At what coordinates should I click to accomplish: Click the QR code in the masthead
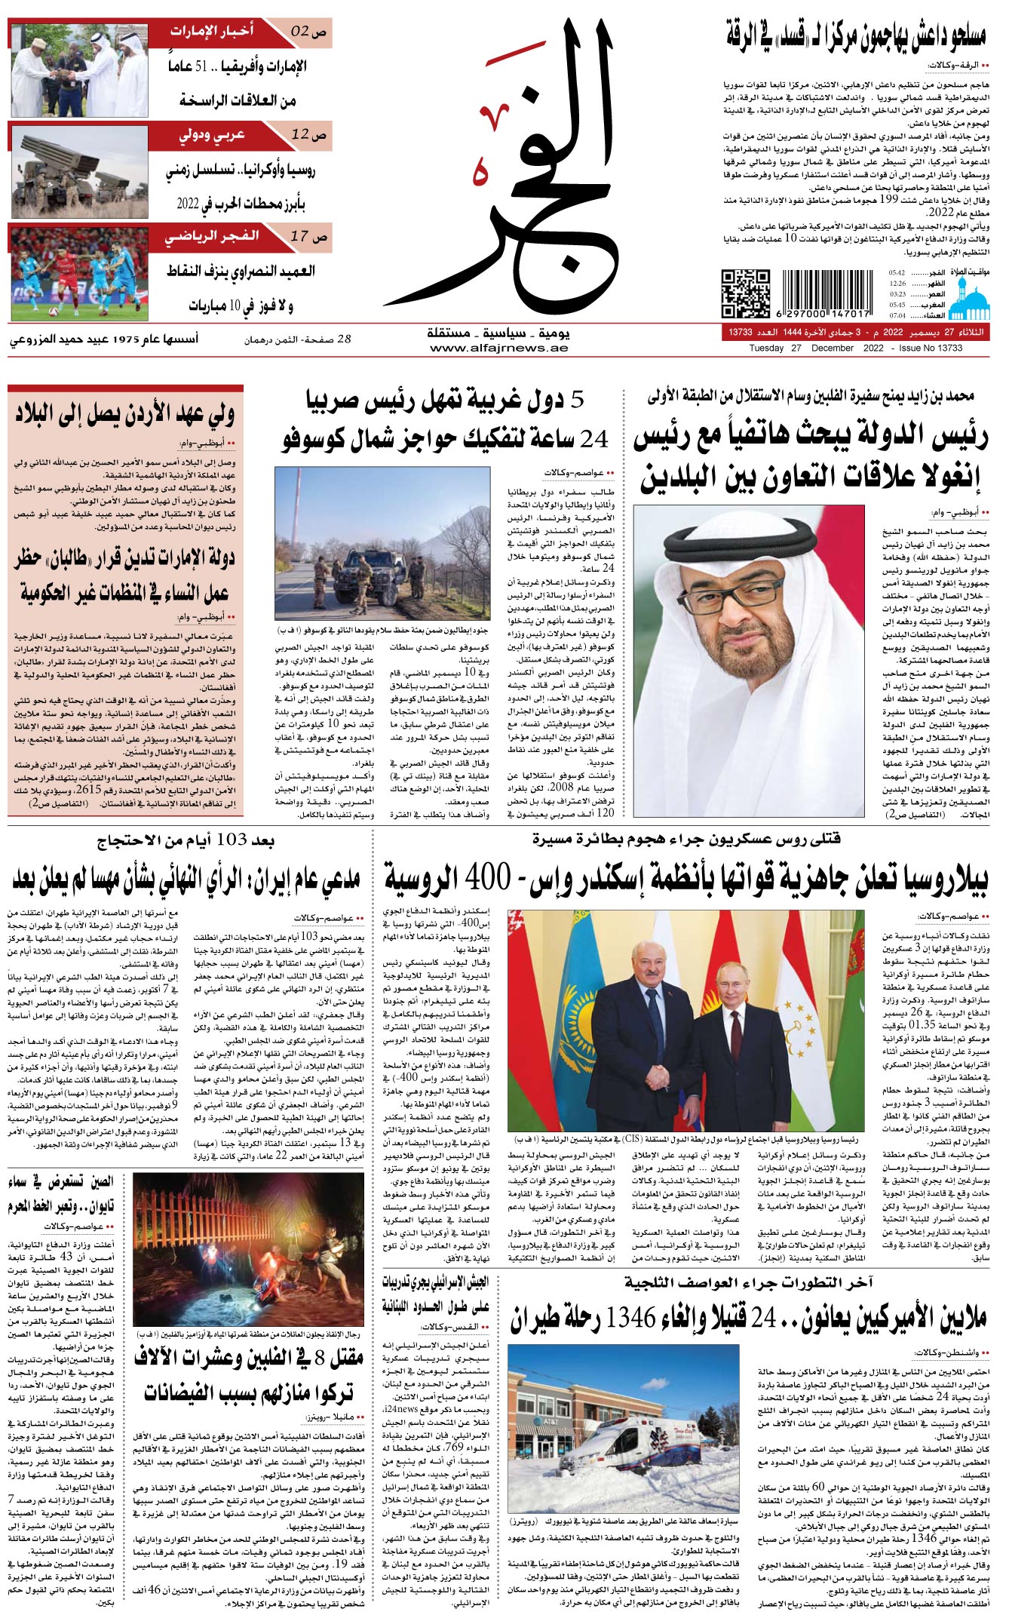[745, 293]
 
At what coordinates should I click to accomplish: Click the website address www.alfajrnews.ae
[498, 348]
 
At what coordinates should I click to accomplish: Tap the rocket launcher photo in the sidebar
[79, 172]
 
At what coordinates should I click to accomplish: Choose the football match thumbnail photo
[79, 273]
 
